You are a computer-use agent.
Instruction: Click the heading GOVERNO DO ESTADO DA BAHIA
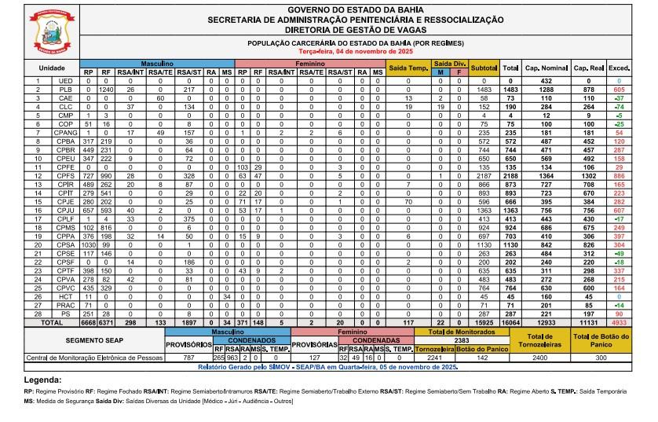click(356, 9)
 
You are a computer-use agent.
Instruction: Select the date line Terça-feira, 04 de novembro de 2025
click(356, 50)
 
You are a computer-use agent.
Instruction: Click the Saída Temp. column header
click(408, 68)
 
